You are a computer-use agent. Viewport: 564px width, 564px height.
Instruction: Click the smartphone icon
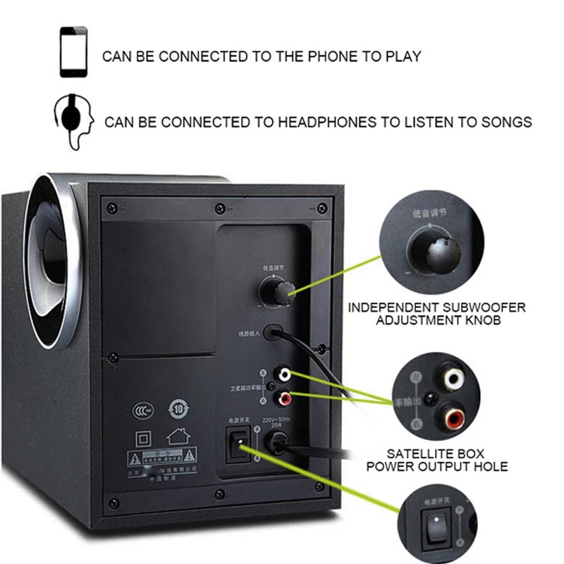point(73,51)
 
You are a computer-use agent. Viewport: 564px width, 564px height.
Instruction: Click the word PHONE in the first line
point(331,56)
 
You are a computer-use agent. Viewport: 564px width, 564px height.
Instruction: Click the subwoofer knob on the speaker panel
point(275,291)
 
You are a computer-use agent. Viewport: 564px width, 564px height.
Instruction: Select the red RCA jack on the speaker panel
point(285,399)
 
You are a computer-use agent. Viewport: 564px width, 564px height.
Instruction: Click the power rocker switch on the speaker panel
point(238,448)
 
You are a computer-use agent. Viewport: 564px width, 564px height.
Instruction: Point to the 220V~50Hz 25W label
point(276,422)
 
